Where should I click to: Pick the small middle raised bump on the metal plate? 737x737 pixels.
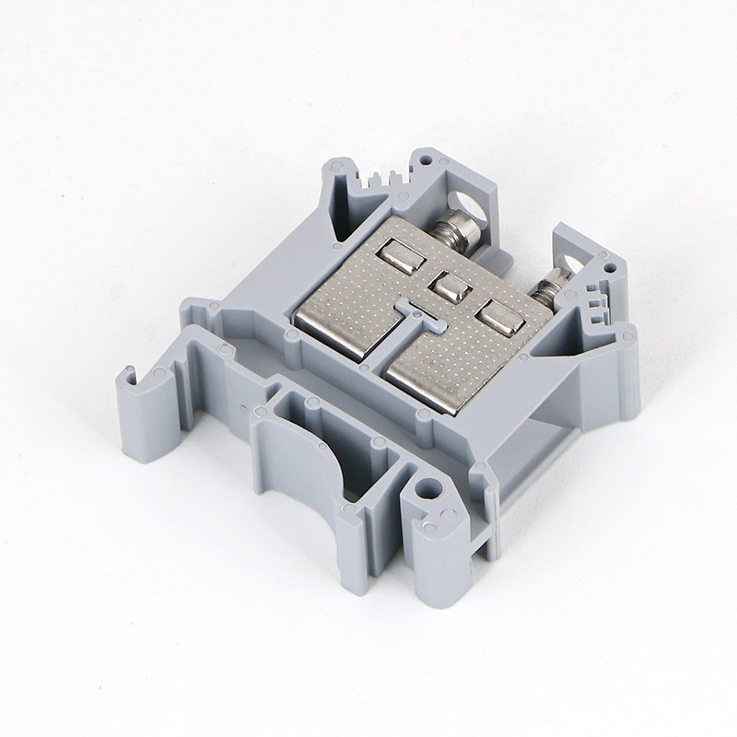pyautogui.click(x=450, y=288)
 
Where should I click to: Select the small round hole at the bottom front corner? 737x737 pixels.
pyautogui.click(x=425, y=490)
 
